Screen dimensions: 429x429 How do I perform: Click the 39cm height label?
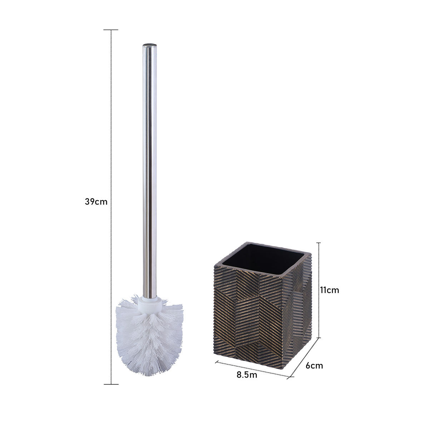tap(96, 201)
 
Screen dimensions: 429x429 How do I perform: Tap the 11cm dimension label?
tap(329, 290)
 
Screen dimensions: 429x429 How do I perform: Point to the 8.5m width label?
tap(247, 375)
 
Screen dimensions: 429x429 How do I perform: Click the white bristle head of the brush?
tap(149, 340)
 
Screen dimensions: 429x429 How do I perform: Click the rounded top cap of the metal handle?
tap(150, 46)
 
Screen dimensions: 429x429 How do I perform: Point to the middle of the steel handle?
tap(150, 172)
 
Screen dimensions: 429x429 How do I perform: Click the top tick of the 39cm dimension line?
tap(111, 30)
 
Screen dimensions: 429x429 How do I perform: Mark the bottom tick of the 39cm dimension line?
tap(111, 384)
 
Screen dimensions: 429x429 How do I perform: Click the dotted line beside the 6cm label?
tap(304, 357)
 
